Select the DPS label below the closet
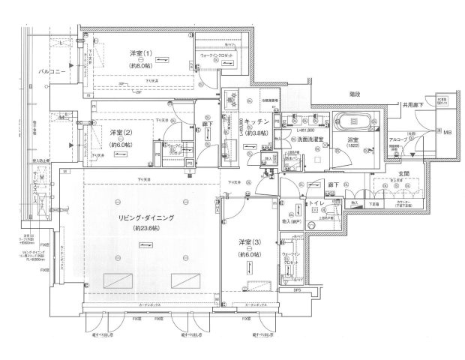(298, 290)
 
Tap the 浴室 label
(352, 140)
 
